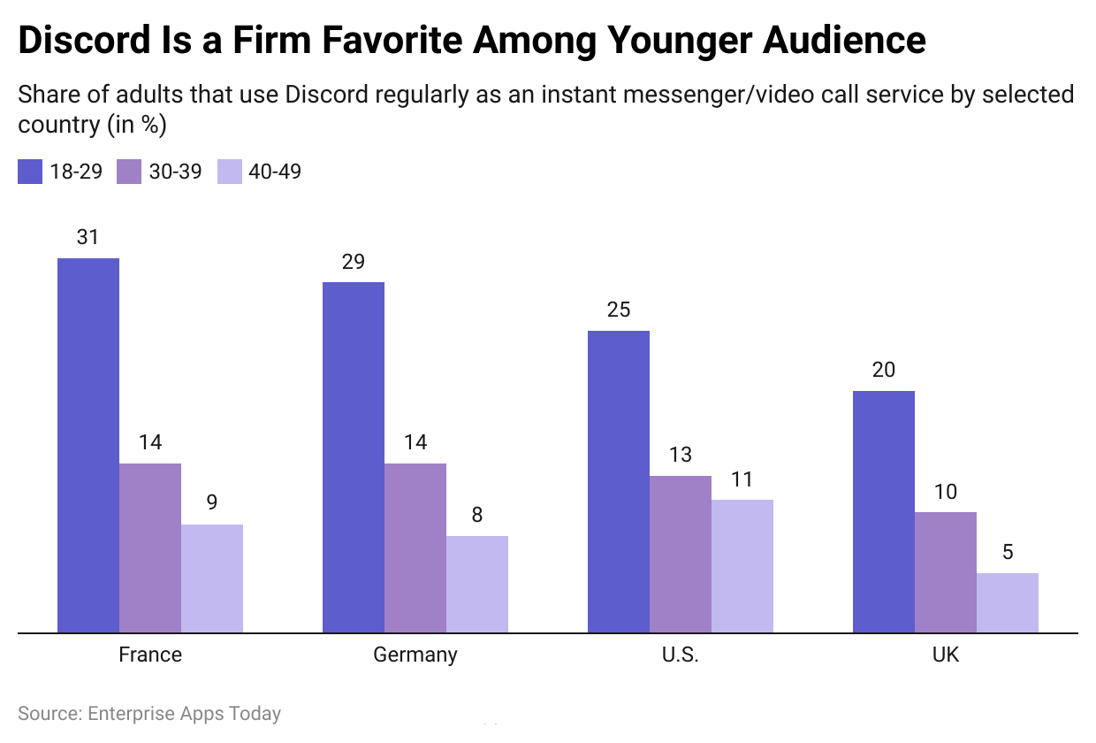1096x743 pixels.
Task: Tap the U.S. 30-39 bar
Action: point(681,554)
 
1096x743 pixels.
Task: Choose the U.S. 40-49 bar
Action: point(742,566)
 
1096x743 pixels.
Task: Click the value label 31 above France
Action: point(88,237)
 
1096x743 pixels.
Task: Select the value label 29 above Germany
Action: point(353,262)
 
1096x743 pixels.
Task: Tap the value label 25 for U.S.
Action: point(618,310)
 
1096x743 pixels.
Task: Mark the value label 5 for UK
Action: point(1008,553)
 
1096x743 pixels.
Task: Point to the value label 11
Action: point(742,479)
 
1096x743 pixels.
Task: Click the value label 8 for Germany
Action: point(477,515)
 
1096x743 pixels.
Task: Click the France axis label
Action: point(150,655)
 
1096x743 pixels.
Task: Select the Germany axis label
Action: point(415,655)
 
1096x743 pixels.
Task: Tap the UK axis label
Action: point(945,655)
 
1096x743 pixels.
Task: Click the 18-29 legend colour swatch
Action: point(30,172)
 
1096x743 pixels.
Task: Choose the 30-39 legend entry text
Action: point(175,172)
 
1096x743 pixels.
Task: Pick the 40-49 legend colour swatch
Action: point(229,172)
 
